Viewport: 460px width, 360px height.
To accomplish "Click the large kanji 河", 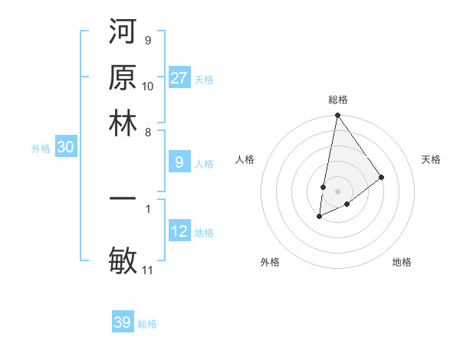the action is coord(123,34).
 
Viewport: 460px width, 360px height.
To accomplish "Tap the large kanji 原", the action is coord(123,78).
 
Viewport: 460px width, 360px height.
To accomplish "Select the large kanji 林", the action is coord(123,123).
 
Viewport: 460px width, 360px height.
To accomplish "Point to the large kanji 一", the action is coord(123,198).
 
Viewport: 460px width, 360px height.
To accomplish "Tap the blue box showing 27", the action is coord(179,78).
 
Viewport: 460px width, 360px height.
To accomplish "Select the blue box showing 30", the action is coord(65,148).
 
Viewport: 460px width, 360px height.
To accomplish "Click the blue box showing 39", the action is coord(123,322).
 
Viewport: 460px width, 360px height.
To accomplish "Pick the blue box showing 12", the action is coord(179,231).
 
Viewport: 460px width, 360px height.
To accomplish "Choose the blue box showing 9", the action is coord(179,162).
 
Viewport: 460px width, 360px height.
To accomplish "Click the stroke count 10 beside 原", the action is coord(148,87).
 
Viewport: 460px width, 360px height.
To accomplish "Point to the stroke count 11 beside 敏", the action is coord(147,270).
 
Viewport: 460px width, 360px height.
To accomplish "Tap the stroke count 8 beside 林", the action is coord(148,132).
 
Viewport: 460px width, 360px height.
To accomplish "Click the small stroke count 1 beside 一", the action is coord(148,208).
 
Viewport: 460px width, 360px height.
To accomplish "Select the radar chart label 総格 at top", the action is coord(338,100).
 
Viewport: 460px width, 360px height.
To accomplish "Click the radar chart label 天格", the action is coord(431,159).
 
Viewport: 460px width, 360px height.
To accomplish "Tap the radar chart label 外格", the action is coord(270,262).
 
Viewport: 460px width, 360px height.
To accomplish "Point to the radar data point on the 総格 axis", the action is coord(337,116).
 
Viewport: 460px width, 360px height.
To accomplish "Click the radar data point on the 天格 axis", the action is coord(382,177).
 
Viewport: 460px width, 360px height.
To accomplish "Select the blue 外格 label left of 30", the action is coord(41,149).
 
